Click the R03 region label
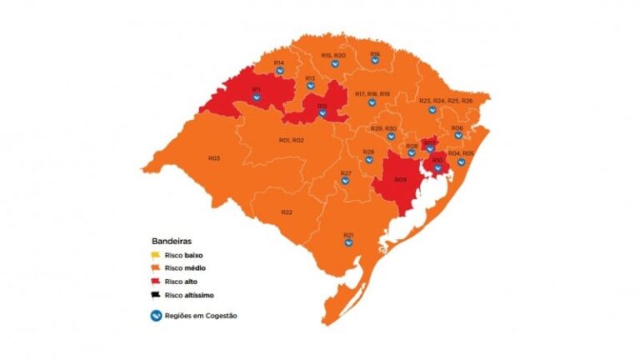[214, 157]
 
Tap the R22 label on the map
[286, 212]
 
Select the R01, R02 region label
[291, 140]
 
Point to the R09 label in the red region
[401, 180]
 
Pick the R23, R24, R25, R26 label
[446, 101]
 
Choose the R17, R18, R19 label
[372, 94]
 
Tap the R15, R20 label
[333, 55]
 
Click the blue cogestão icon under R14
[280, 72]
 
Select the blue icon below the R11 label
[257, 98]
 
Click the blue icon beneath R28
[368, 160]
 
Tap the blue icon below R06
[457, 136]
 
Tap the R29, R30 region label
[383, 128]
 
